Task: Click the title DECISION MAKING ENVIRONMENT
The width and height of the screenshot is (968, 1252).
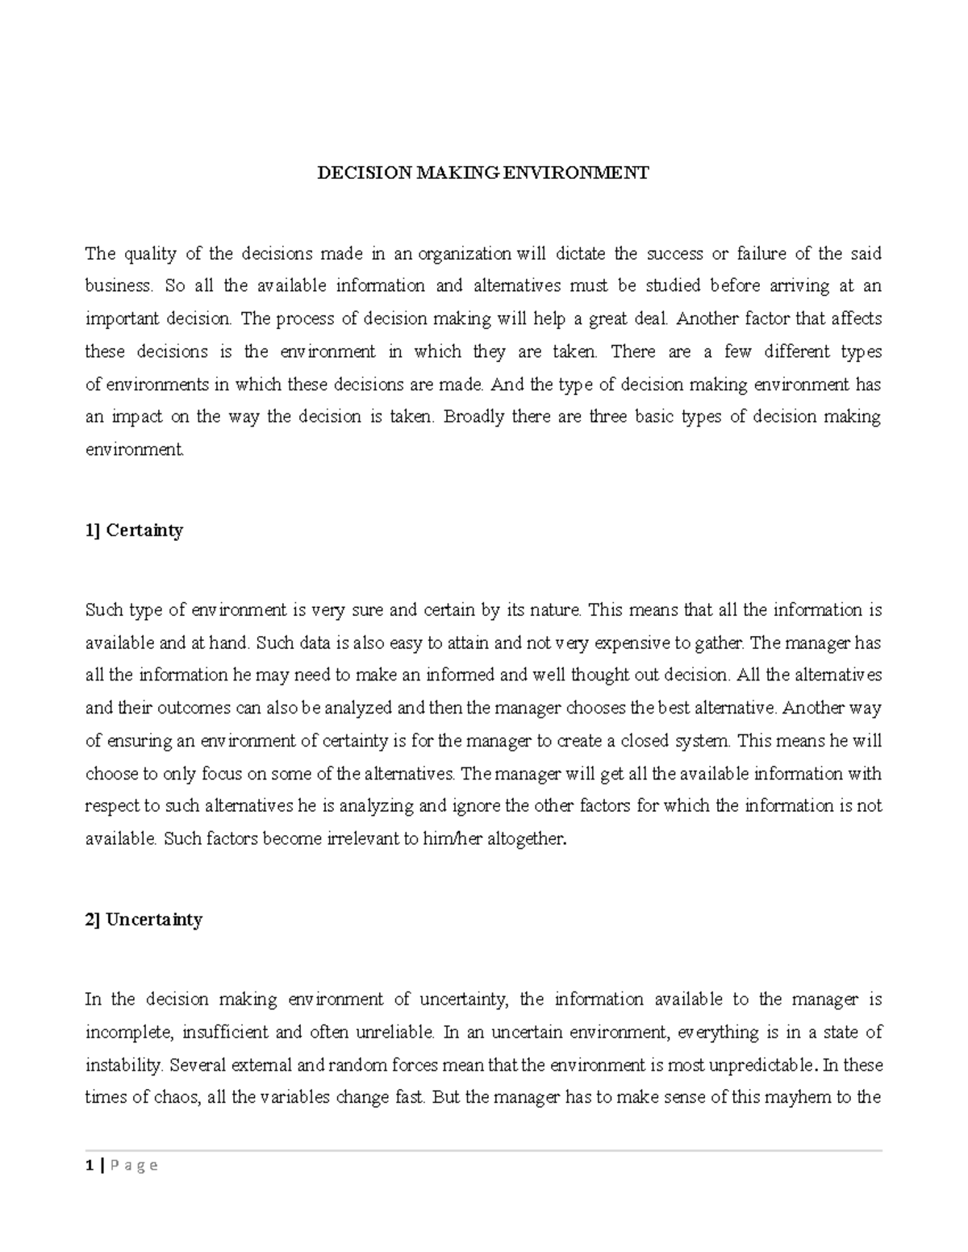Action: [482, 173]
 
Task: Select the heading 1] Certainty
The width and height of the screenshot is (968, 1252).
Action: [134, 530]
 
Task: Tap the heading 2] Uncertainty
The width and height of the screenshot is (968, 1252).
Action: [144, 920]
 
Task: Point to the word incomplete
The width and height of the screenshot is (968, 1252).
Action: [129, 1033]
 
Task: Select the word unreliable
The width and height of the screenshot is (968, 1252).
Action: [389, 1033]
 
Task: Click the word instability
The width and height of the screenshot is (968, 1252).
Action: [122, 1066]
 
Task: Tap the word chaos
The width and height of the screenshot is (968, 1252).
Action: [177, 1098]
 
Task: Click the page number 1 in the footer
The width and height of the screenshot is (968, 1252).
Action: [89, 1165]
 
